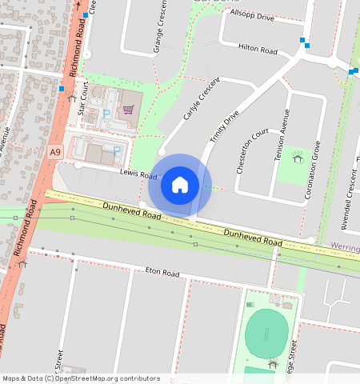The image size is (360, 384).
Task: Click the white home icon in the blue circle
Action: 180,185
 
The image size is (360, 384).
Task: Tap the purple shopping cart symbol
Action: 128,110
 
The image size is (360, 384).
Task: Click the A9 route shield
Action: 54,151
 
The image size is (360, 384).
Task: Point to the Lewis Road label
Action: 138,174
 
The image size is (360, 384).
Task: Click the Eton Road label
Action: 162,272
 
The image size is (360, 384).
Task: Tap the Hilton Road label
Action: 258,50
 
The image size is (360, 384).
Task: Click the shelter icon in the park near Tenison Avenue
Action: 298,158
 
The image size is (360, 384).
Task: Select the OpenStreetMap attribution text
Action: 81,378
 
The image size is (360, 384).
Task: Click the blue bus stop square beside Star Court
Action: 62,89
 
